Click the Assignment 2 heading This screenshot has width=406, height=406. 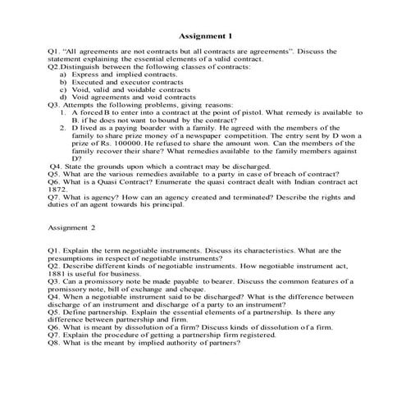pyautogui.click(x=72, y=227)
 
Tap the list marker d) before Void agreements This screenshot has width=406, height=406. pyautogui.click(x=63, y=97)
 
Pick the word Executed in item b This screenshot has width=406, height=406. pyautogui.click(x=89, y=82)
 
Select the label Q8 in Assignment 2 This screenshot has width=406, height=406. pyautogui.click(x=54, y=342)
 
